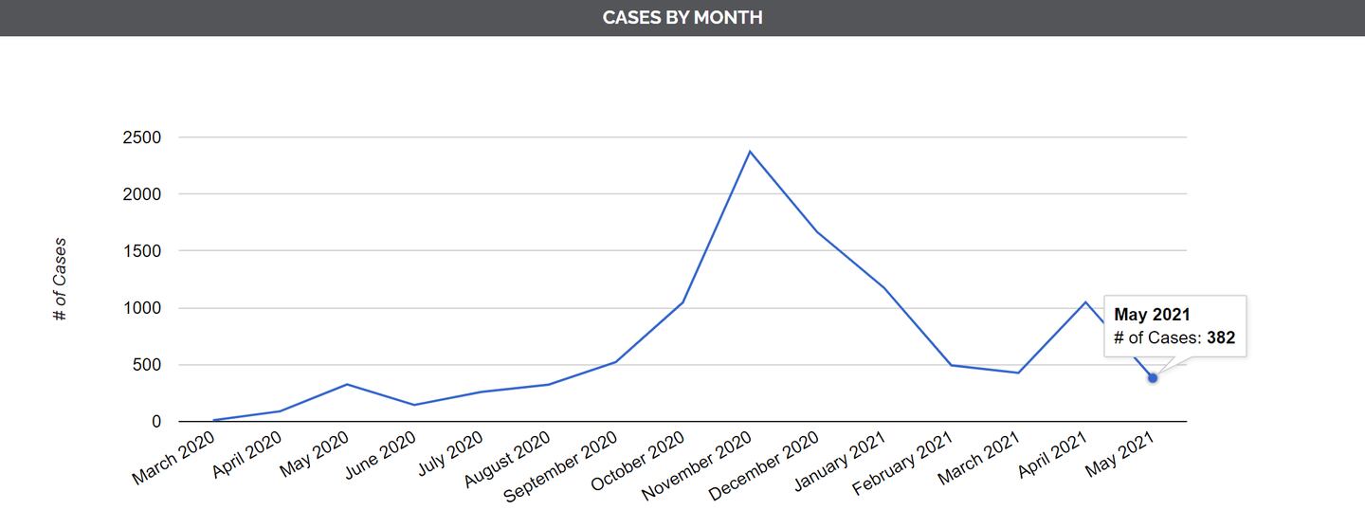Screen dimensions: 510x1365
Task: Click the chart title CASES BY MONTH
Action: [682, 17]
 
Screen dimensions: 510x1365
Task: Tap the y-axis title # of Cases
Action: [60, 280]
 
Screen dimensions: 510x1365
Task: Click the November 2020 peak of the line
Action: [750, 152]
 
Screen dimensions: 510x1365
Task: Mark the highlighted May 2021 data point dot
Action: [1153, 378]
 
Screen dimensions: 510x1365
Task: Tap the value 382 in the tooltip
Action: [1221, 337]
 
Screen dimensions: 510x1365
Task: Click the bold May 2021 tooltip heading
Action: [1152, 315]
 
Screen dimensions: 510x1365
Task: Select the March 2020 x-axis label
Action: [173, 457]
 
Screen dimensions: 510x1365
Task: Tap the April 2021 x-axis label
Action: [1050, 455]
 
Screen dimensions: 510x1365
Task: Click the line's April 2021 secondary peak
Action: [1085, 302]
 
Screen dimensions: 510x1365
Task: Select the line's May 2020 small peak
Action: [347, 384]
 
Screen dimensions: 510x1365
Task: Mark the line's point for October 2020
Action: [682, 302]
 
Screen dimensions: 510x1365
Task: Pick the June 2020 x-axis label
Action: [379, 455]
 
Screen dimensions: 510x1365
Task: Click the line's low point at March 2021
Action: [1018, 373]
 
